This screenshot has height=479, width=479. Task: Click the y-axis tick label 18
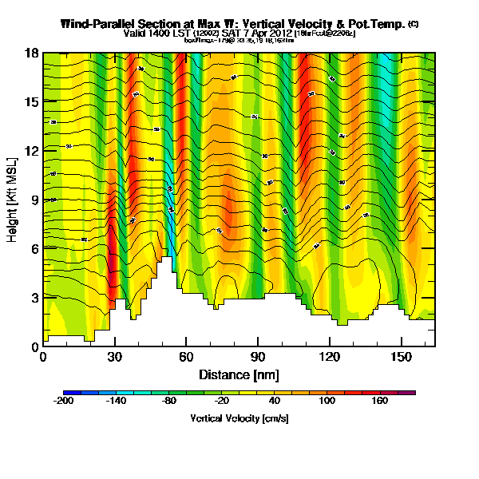[30, 53]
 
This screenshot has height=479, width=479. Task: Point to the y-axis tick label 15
[30, 102]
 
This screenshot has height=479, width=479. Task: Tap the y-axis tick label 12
[30, 151]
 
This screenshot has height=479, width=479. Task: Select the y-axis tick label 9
[33, 200]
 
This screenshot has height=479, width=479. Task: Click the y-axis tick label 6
[33, 249]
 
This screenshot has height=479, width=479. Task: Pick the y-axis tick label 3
[33, 298]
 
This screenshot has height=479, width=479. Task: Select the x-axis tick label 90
[257, 357]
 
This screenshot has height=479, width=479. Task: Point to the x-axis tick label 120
[329, 357]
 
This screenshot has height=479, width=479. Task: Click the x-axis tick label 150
[400, 357]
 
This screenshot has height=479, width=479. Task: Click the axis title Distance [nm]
[239, 374]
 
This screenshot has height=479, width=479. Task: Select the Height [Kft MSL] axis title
[14, 200]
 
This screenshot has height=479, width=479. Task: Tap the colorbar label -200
[64, 402]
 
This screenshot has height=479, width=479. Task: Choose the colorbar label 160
[379, 402]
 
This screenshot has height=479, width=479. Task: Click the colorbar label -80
[169, 402]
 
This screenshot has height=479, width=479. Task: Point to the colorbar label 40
[274, 402]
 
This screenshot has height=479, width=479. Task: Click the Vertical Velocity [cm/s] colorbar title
[239, 418]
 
